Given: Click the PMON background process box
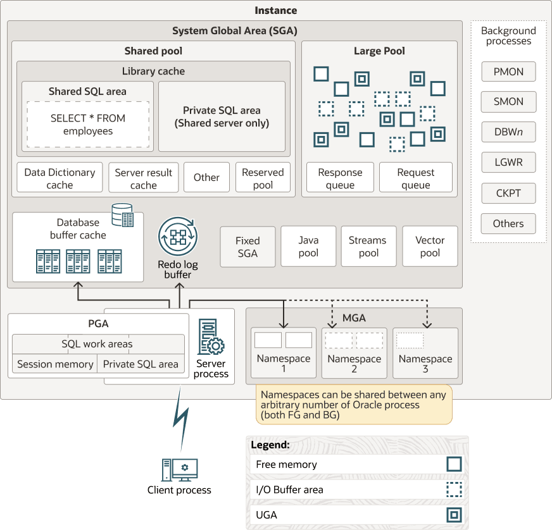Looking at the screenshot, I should coord(508,71).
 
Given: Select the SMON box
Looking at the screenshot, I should coord(508,102).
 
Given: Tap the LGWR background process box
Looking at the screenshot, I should coord(508,163).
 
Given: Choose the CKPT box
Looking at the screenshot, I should coord(508,193).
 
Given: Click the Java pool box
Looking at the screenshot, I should coord(308,246).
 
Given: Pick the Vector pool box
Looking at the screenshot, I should coord(430,246).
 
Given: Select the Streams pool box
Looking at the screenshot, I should coord(368,246).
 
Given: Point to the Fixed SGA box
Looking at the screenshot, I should coord(248,246).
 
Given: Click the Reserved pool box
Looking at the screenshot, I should coord(263,178).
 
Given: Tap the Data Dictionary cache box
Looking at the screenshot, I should coord(60,178).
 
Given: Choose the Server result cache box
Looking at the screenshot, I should coord(144,178).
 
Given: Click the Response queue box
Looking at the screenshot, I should coord(340,178).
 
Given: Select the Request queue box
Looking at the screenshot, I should coord(416,178).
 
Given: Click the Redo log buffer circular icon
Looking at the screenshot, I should coord(177,237).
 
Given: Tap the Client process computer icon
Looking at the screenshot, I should coord(179,470).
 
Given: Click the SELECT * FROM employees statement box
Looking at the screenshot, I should coord(88,125).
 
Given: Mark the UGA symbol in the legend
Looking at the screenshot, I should coord(454,515).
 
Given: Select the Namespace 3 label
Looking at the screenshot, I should coord(425,364).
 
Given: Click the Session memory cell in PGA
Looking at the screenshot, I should coord(55,364).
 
